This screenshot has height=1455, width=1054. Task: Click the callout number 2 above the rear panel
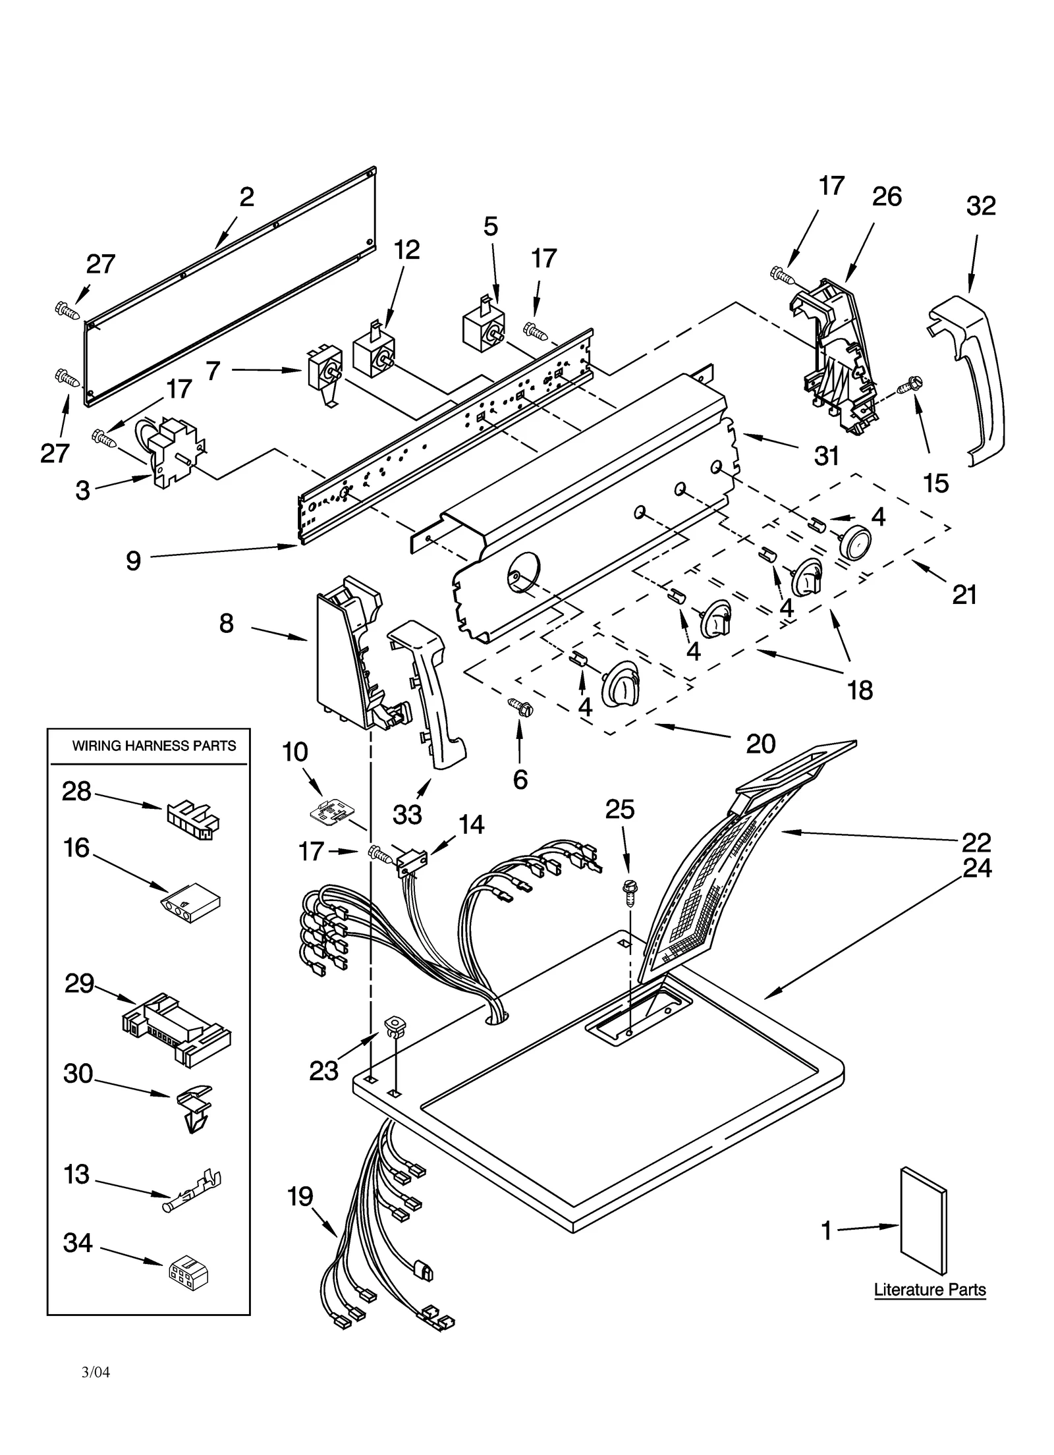coord(246,197)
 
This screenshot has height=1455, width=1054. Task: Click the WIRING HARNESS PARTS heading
coord(153,746)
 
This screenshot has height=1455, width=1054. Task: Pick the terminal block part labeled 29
coord(177,1031)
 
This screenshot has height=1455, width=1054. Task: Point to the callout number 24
coord(977,868)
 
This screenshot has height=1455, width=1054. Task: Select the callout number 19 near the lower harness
coord(300,1196)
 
